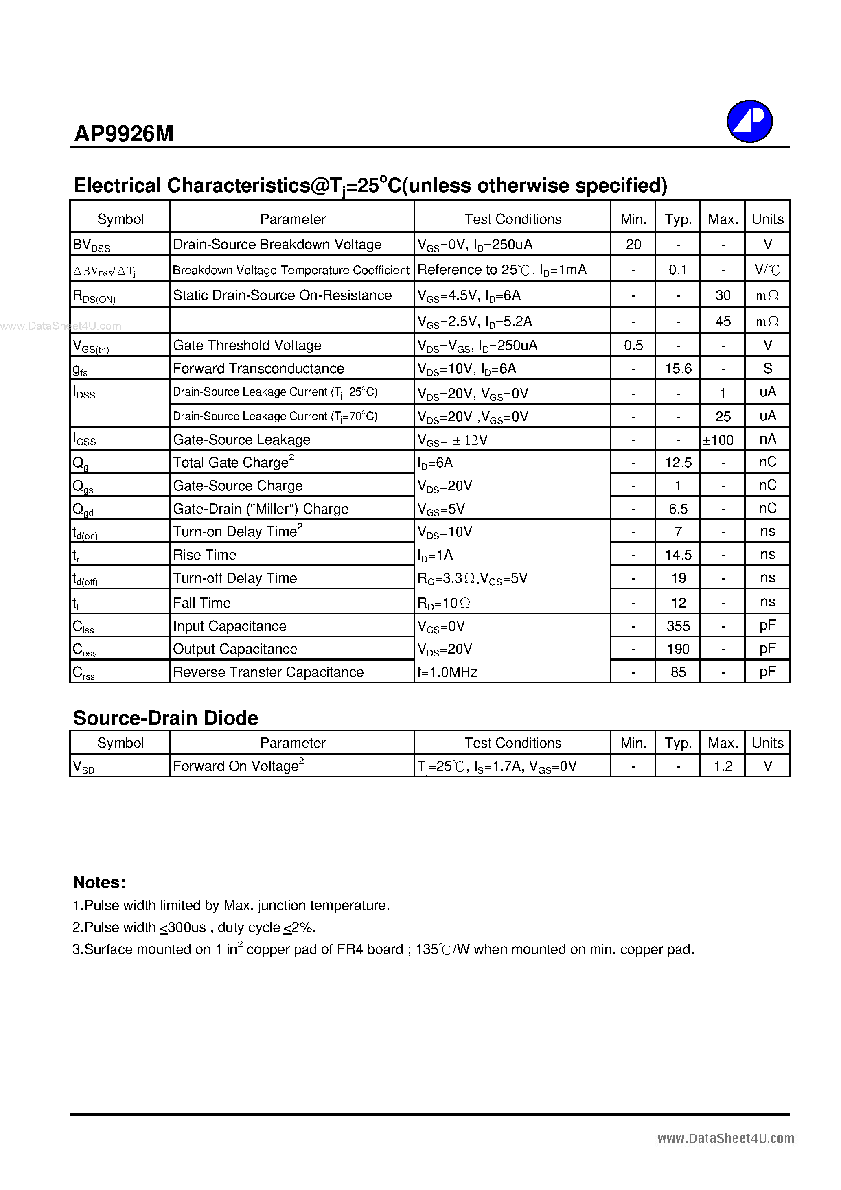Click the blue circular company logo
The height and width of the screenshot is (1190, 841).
[749, 121]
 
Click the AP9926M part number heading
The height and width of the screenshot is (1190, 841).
[124, 134]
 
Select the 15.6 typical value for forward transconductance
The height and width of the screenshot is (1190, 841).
[678, 368]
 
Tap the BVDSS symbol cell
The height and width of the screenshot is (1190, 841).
[91, 245]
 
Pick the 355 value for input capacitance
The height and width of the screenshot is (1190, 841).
[678, 626]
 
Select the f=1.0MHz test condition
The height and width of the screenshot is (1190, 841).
[447, 672]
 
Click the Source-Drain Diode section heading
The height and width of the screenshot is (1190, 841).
[165, 718]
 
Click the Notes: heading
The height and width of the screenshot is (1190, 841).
[99, 882]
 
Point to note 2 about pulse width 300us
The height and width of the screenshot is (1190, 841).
[194, 927]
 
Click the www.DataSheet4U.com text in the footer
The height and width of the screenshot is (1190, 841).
[725, 1138]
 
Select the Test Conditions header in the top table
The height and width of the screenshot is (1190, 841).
[512, 219]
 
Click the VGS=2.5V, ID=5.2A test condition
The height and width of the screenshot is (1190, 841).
[474, 322]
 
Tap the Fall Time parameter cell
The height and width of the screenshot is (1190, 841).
[201, 603]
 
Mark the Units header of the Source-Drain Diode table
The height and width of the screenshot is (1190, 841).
[767, 743]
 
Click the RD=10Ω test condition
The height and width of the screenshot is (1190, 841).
[443, 603]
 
